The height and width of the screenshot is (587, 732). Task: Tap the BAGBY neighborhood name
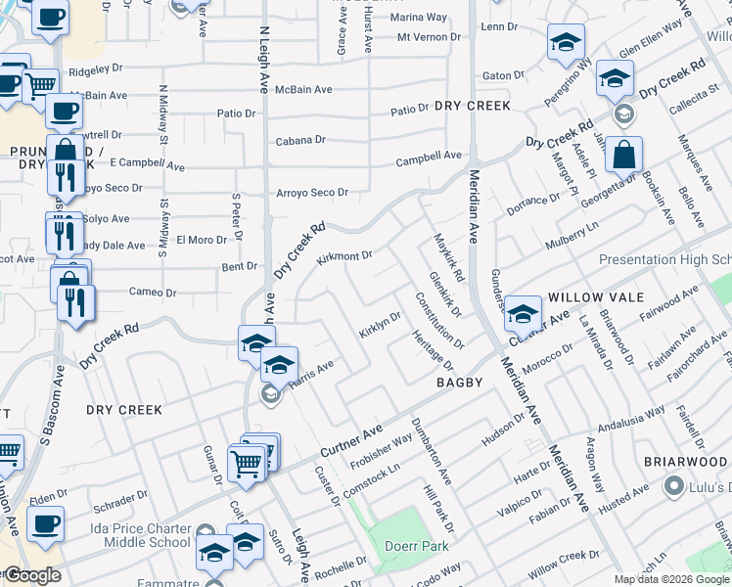[x=460, y=383]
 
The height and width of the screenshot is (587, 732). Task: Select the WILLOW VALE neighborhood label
[x=595, y=296]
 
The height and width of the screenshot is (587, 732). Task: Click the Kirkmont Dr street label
[x=344, y=257]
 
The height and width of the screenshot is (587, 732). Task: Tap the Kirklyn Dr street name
[x=380, y=326]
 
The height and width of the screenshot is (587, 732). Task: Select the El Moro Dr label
[x=202, y=240]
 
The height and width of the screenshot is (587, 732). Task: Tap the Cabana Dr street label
[x=299, y=140]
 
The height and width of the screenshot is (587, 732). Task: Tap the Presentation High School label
[x=664, y=260]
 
